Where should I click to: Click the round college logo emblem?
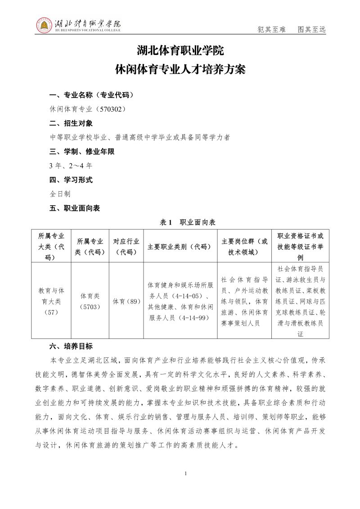44,25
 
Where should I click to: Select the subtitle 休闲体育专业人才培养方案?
180,70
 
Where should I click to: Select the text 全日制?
60,194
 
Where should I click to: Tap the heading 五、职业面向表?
74,208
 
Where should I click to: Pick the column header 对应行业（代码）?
126,247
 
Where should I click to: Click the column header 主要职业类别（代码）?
180,247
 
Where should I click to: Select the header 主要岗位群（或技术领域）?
244,247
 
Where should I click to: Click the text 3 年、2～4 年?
71,166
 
